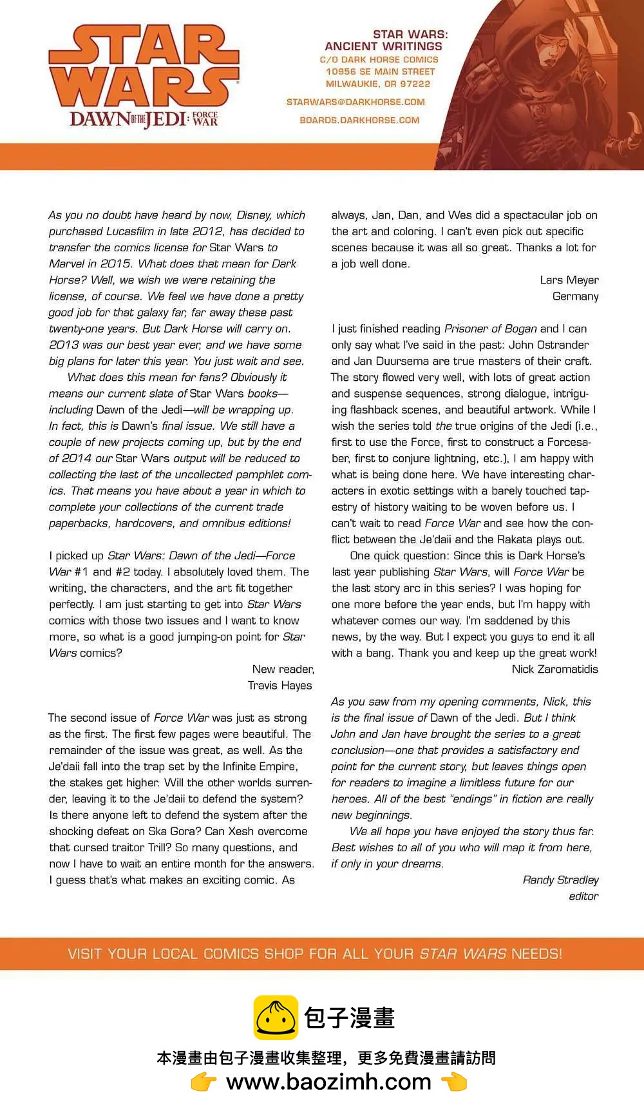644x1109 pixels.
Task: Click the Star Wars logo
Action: coord(144,66)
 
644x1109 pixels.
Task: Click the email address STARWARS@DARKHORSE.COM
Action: coord(355,102)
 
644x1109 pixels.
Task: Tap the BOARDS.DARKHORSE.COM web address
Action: coord(359,121)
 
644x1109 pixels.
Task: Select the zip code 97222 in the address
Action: coord(415,84)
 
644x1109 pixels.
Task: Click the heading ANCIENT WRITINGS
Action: coord(383,46)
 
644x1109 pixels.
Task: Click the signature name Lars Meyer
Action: coord(569,280)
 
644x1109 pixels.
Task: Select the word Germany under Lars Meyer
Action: coord(575,296)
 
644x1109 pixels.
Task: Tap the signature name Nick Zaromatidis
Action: coord(554,670)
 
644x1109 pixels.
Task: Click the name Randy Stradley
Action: coord(560,880)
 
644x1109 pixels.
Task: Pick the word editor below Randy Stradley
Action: coord(583,896)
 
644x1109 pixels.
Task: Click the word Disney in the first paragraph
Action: coord(253,215)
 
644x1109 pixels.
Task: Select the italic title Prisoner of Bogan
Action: coord(491,329)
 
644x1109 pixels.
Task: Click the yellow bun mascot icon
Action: coord(276,1017)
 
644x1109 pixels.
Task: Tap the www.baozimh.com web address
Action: coord(328,1082)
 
